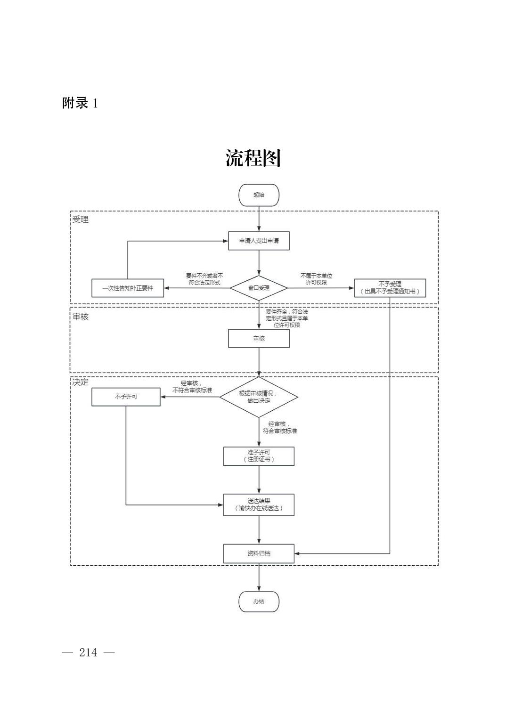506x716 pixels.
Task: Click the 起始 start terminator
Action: click(259, 195)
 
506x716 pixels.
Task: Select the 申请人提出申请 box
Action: click(259, 241)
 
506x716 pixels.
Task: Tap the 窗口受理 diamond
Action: click(259, 288)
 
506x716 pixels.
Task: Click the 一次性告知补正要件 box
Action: click(128, 288)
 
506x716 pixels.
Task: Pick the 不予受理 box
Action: click(390, 288)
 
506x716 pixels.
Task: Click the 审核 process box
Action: click(259, 339)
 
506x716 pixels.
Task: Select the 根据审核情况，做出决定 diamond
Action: click(259, 397)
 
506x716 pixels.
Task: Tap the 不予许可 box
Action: click(126, 397)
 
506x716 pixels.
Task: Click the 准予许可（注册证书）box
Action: click(259, 456)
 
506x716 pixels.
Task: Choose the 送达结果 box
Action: click(259, 505)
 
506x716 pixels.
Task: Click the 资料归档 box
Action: click(259, 553)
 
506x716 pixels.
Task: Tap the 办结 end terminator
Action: click(259, 602)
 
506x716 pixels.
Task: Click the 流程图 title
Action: click(253, 158)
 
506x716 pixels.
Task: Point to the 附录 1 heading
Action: click(80, 103)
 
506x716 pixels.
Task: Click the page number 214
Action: click(88, 652)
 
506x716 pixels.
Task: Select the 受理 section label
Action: click(80, 220)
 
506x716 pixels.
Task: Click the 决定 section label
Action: click(80, 382)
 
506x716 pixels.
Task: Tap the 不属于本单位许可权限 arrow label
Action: click(316, 279)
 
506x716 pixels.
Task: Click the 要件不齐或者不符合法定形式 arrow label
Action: click(204, 279)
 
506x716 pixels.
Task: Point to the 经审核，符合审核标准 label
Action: click(280, 427)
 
